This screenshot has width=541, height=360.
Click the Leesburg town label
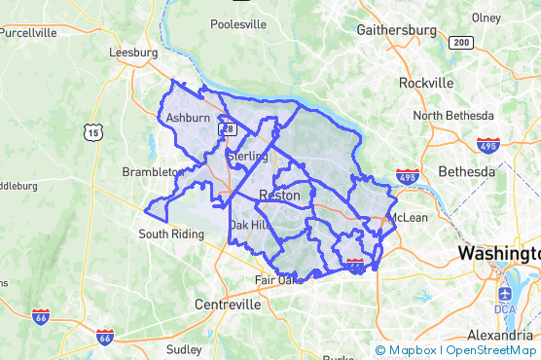pyautogui.click(x=133, y=53)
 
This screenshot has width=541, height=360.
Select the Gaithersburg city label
pyautogui.click(x=396, y=30)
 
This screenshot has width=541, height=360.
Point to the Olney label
pyautogui.click(x=486, y=18)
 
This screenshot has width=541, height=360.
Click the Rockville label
pyautogui.click(x=426, y=83)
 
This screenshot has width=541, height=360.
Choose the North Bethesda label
pyautogui.click(x=454, y=116)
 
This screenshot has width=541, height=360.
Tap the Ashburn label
pyautogui.click(x=188, y=118)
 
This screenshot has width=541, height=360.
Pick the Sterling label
pyautogui.click(x=247, y=156)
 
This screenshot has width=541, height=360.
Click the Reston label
pyautogui.click(x=279, y=196)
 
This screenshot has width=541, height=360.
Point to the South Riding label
pyautogui.click(x=171, y=234)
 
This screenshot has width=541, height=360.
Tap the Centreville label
pyautogui.click(x=228, y=305)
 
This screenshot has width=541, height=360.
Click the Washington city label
pyautogui.click(x=498, y=253)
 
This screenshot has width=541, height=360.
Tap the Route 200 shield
pyautogui.click(x=460, y=43)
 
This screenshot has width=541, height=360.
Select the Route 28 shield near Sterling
pyautogui.click(x=228, y=128)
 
